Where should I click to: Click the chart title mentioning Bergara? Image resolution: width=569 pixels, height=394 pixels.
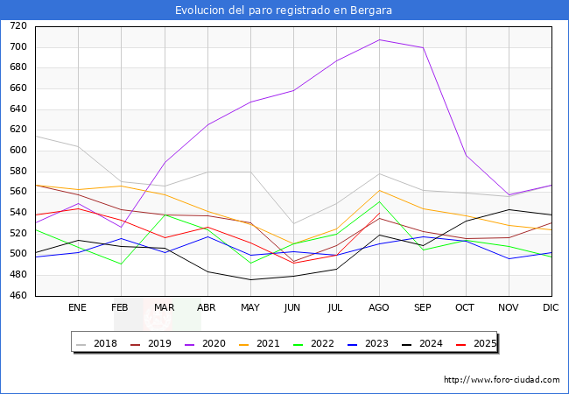(284, 11)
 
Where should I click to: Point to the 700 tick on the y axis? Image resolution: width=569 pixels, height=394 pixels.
(18, 47)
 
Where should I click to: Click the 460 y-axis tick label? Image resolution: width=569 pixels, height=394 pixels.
(18, 296)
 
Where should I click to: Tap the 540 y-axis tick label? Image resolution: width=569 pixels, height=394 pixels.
(18, 213)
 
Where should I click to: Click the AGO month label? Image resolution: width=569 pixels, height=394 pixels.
(379, 308)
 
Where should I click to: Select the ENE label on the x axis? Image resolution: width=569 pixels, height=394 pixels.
(78, 308)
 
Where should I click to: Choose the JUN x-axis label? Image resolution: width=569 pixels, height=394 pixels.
(293, 308)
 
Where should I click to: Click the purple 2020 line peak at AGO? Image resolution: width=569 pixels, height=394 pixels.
(379, 39)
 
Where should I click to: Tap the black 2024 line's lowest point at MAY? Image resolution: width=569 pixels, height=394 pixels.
(250, 280)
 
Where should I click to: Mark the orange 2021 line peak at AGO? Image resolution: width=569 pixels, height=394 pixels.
(379, 191)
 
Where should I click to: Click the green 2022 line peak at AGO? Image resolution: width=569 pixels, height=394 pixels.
(379, 201)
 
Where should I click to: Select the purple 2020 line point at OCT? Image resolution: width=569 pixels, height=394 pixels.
(466, 155)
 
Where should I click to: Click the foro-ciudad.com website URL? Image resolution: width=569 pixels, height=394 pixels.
(502, 380)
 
